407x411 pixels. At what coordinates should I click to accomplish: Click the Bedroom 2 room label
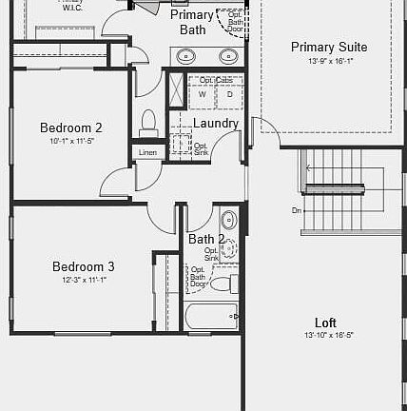point(71,127)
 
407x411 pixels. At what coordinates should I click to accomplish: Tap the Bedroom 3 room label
point(84,266)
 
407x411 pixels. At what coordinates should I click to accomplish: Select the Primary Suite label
point(329,47)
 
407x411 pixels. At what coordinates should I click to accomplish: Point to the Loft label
point(325,323)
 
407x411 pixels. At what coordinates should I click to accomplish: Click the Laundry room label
point(216,124)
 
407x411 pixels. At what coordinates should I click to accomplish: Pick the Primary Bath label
point(192,22)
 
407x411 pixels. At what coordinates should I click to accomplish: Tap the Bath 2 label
point(206,239)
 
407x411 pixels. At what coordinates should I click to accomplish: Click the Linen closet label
point(147,153)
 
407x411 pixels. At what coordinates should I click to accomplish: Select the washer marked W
point(202,94)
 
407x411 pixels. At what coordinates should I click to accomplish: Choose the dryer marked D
point(228,94)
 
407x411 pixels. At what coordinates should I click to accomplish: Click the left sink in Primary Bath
point(187,56)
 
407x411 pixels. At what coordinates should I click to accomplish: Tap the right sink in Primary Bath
point(228,56)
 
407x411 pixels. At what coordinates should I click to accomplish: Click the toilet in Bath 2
point(222,282)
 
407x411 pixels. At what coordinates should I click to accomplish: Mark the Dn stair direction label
point(296,209)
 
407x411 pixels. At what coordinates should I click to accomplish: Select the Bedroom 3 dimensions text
point(84,280)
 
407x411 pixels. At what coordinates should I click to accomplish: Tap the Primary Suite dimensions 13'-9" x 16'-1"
point(330,61)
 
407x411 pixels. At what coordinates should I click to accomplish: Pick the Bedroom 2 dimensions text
point(72,141)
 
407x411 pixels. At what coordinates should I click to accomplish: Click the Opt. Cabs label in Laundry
point(216,80)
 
